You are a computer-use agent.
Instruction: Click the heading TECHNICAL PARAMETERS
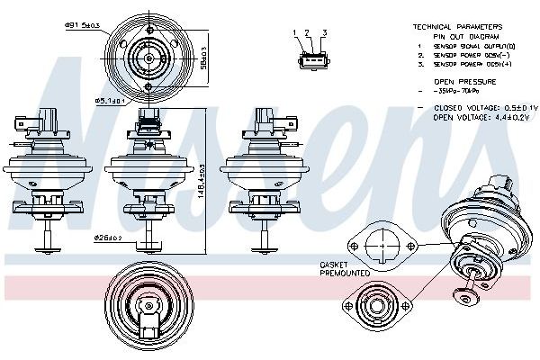456,27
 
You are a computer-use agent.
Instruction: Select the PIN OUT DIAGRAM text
456,36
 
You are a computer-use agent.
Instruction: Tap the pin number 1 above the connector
294,33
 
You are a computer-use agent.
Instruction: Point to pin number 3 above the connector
323,33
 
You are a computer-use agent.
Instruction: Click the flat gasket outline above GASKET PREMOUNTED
382,245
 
